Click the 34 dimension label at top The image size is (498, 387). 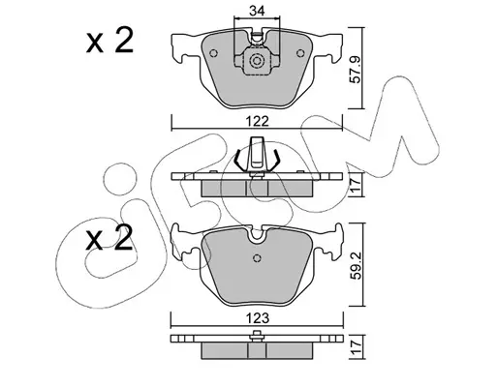click(x=257, y=11)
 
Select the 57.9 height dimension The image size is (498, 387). click(x=356, y=69)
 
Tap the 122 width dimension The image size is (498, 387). click(x=257, y=122)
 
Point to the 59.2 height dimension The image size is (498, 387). click(x=356, y=265)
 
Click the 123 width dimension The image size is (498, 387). click(x=257, y=318)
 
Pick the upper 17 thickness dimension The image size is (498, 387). click(x=356, y=186)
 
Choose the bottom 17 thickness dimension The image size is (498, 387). click(x=356, y=347)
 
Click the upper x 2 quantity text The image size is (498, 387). click(x=109, y=42)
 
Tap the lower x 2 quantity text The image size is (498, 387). click(x=109, y=238)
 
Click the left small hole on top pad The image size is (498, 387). click(x=214, y=53)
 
